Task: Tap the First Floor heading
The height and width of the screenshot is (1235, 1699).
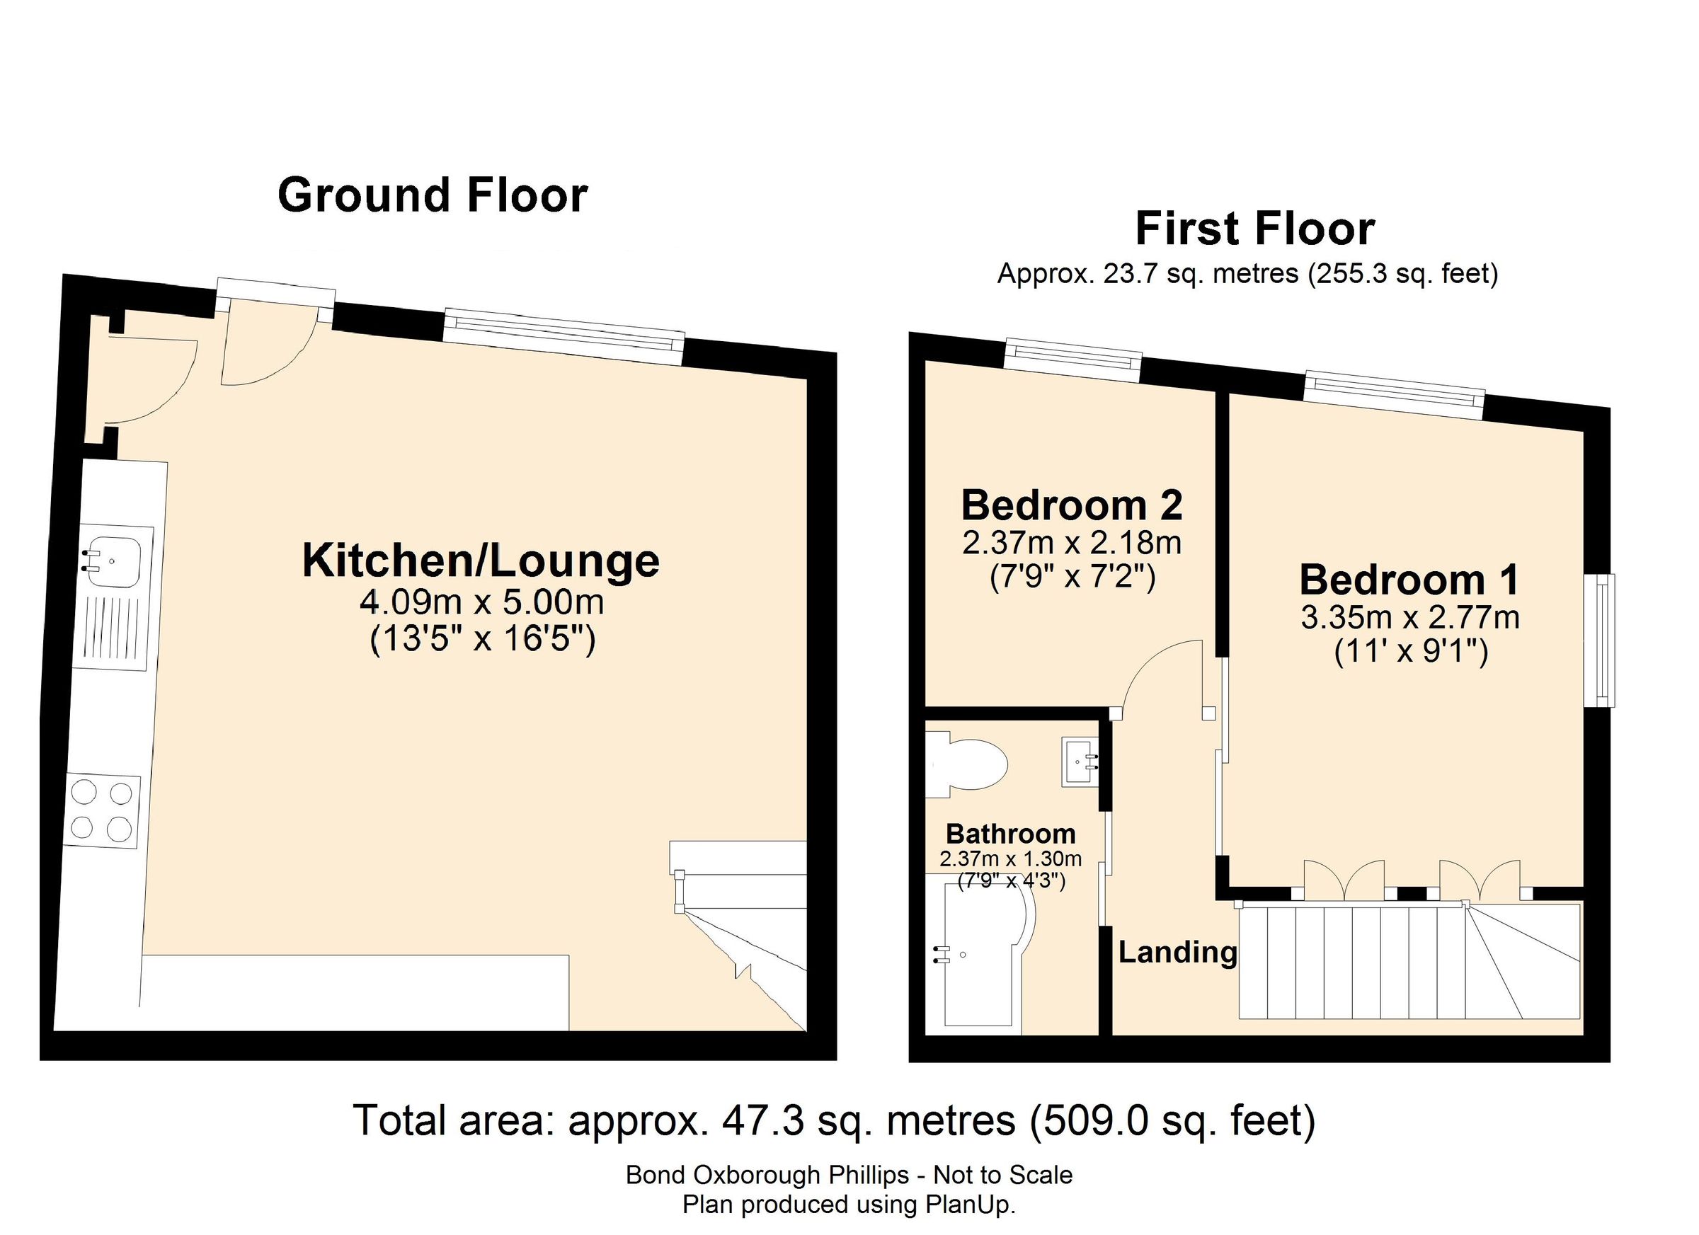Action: pos(1254,229)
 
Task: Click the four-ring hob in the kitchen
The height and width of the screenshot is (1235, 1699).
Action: pos(101,810)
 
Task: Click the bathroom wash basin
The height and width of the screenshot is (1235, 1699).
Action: pos(1079,762)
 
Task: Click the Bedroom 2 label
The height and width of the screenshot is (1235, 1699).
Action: pos(1071,505)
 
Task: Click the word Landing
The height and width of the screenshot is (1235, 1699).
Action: pos(1177,953)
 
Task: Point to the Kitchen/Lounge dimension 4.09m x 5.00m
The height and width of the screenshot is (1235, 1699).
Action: pos(481,602)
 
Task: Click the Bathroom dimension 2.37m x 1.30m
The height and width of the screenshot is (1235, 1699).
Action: pos(1011,859)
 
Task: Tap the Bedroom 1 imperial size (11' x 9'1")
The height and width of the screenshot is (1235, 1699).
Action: pos(1411,652)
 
